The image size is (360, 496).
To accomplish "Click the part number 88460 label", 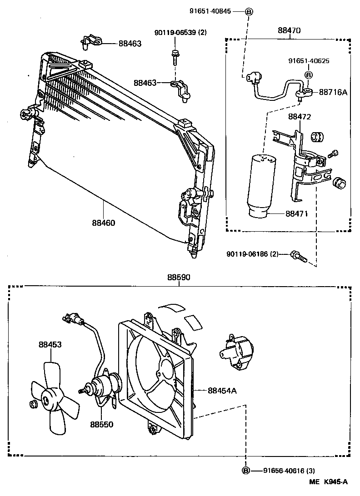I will point(103,223).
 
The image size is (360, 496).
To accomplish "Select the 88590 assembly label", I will point(178,277).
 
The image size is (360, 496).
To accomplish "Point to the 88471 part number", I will point(298,213).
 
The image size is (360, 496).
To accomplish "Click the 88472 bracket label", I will point(299,117).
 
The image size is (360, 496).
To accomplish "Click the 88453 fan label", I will point(50,345).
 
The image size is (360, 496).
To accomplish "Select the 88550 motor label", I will point(101,424).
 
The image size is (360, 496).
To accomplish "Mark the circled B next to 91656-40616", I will point(245,471).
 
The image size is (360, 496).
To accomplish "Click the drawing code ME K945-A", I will point(330,482).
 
